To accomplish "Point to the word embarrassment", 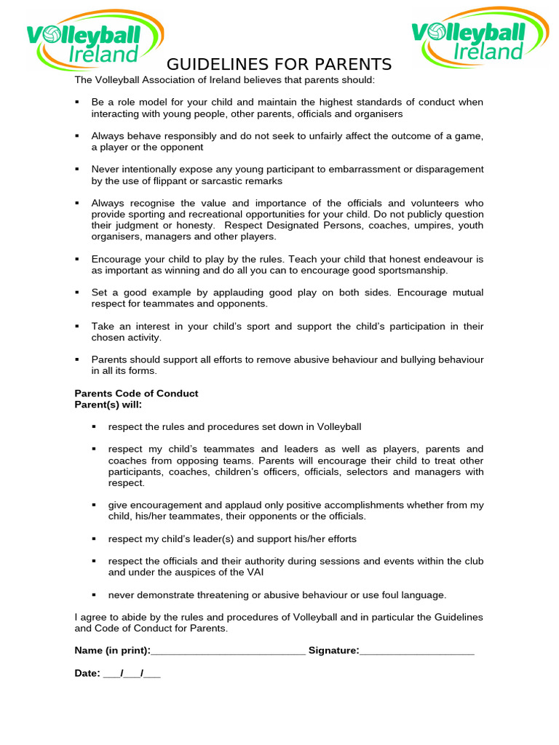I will tap(357, 169).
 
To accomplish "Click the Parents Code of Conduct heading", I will tap(136, 394).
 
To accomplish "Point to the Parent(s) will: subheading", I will tap(108, 405).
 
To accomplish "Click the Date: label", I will tap(87, 674).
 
